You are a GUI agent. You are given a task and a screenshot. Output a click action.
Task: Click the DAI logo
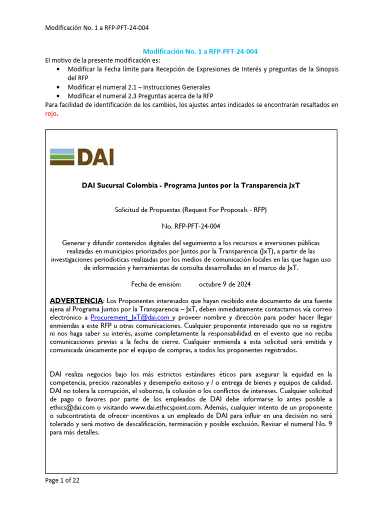[x=82, y=156]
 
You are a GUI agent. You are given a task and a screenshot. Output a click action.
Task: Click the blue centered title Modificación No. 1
[x=200, y=51]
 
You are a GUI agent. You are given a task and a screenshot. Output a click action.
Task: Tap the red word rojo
[x=51, y=113]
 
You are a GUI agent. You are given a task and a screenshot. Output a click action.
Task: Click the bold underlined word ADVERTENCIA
[x=76, y=300]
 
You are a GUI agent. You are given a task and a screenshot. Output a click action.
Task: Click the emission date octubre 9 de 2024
[x=224, y=284]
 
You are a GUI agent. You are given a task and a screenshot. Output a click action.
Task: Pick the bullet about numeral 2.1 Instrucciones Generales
[x=139, y=87]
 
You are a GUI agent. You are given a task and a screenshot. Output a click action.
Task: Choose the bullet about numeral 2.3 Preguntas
[x=140, y=95]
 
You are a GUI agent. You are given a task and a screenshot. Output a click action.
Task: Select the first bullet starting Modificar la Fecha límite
[x=202, y=69]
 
